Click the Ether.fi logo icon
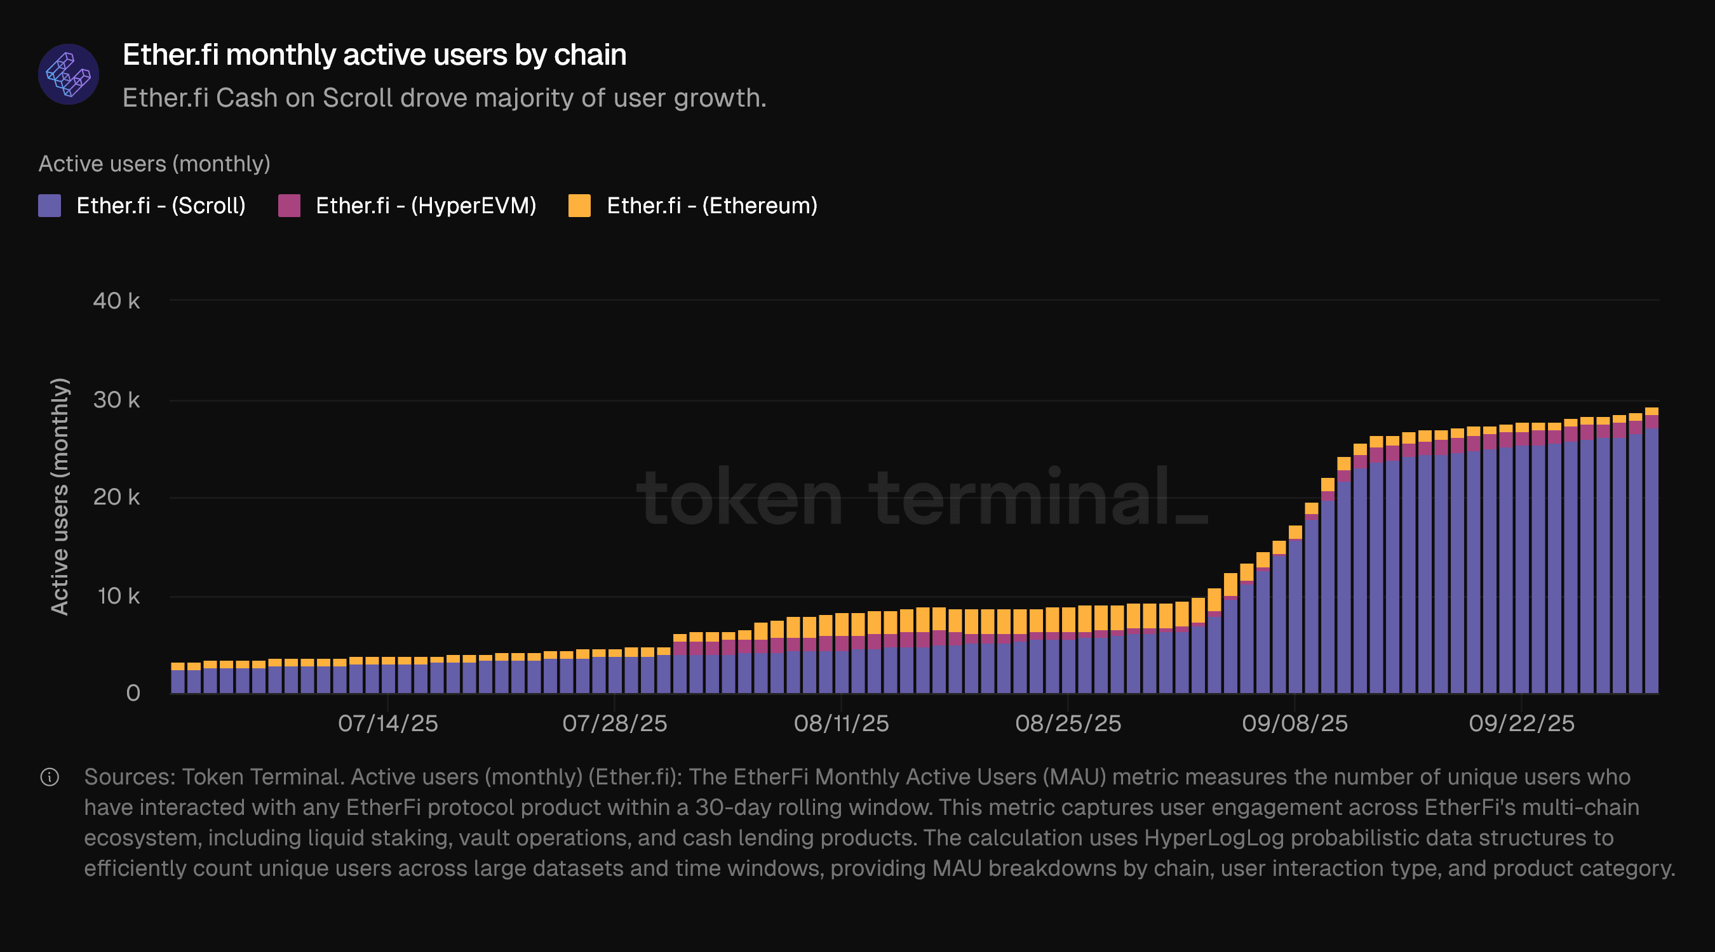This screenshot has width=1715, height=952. tap(68, 74)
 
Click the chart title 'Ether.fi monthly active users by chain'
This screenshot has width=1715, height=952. tap(374, 55)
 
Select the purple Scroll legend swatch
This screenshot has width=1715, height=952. tap(50, 206)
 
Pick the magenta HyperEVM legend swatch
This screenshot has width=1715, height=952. tap(289, 206)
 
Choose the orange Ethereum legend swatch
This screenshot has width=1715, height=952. tap(579, 206)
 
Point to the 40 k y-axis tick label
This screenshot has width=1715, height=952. tap(116, 301)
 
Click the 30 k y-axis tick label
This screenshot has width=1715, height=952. tap(116, 400)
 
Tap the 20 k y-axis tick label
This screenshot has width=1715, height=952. tap(116, 497)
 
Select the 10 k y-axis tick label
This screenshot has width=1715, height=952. tap(119, 595)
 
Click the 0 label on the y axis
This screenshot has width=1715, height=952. tap(133, 692)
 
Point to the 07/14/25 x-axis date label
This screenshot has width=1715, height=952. tap(387, 723)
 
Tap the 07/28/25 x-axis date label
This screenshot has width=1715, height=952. tap(614, 723)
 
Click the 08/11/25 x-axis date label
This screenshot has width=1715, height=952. tap(841, 723)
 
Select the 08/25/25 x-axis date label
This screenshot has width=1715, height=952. tap(1068, 723)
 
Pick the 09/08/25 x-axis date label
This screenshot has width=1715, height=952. tap(1295, 723)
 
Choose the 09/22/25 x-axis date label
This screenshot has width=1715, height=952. tap(1521, 723)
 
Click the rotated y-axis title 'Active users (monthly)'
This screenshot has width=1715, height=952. tap(60, 496)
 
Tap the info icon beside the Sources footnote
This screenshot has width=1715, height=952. tap(50, 777)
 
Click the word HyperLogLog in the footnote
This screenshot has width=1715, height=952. tap(1214, 838)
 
